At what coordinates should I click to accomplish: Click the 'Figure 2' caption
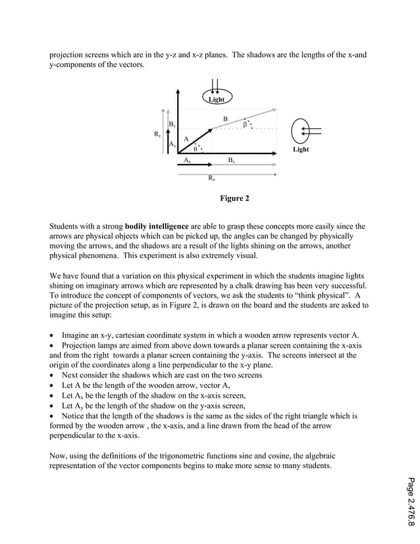(x=234, y=198)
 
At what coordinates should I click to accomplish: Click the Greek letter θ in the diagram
(x=195, y=148)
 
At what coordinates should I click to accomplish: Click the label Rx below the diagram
(x=211, y=178)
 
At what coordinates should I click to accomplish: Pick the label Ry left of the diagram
(x=157, y=135)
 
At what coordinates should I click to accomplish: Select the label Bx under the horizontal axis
(x=231, y=160)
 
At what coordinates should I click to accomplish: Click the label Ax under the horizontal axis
(x=188, y=160)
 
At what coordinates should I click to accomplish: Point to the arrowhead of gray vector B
(x=275, y=110)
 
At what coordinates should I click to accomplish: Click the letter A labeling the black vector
(x=186, y=138)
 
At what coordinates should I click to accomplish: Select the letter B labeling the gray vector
(x=225, y=119)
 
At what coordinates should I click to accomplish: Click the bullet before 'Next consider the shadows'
(x=53, y=375)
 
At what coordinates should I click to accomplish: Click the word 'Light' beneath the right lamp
(x=301, y=150)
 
